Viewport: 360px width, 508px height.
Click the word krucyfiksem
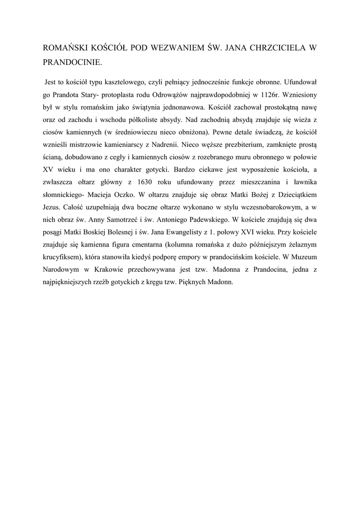(x=63, y=257)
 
